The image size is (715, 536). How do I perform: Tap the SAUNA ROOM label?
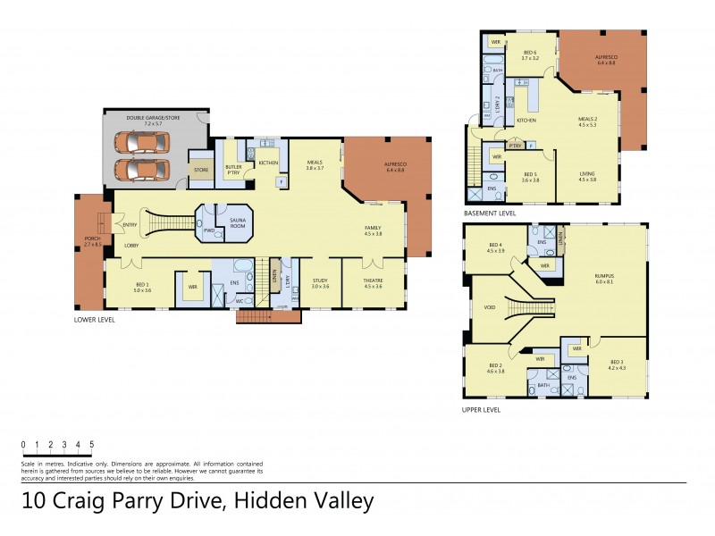pos(237,223)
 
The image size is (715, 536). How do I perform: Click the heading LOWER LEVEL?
pos(94,318)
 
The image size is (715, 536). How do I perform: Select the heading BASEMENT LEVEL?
pos(491,214)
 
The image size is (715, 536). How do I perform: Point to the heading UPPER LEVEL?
pos(482,410)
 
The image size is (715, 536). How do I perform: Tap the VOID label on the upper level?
pos(489,307)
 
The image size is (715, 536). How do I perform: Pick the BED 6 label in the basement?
pos(531,52)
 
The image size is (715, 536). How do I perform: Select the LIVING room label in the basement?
pos(587,175)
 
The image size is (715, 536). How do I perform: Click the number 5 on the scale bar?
pos(91,444)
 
